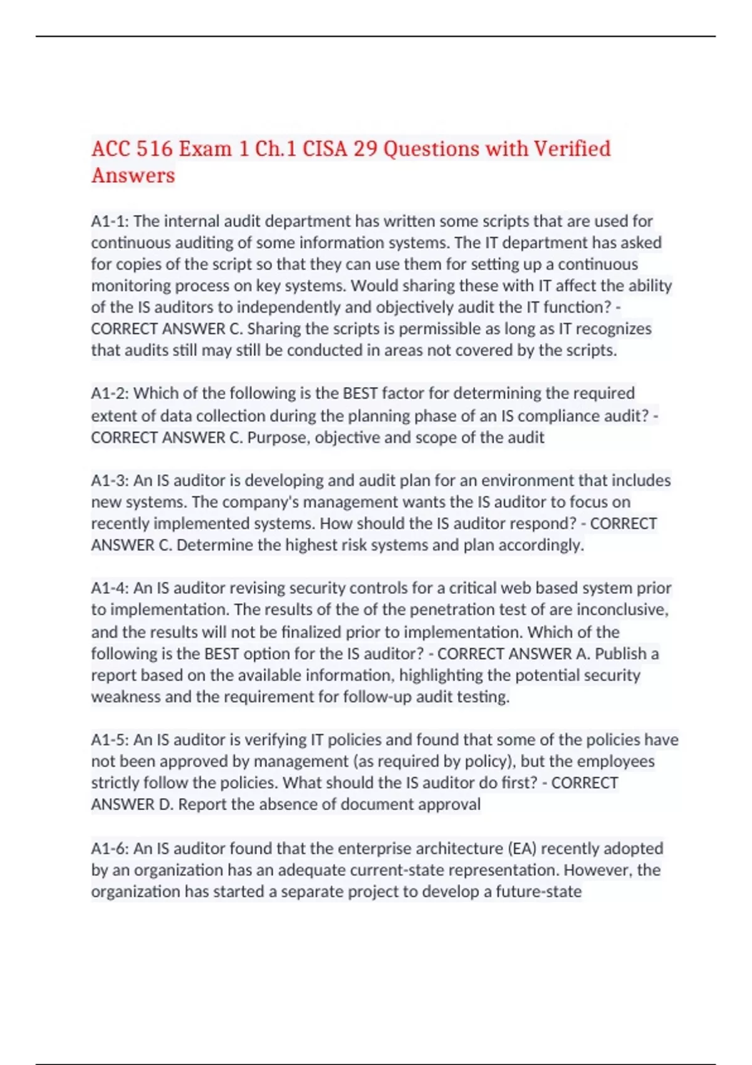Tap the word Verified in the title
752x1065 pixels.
pos(572,149)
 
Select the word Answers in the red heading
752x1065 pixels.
pos(133,175)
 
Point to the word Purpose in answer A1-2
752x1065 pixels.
pos(278,437)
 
